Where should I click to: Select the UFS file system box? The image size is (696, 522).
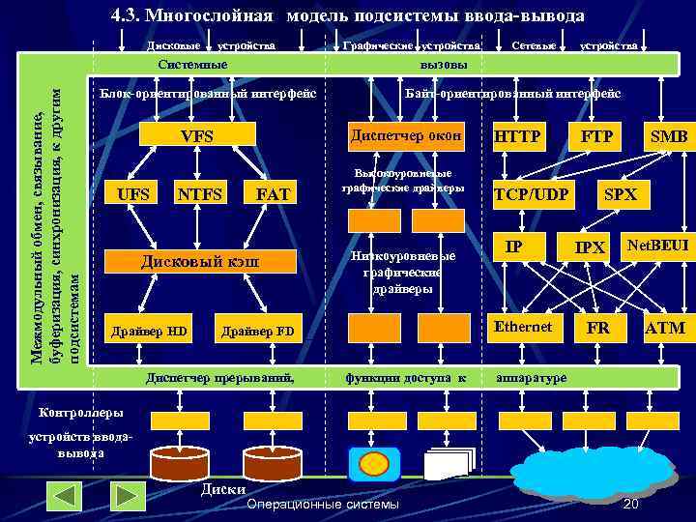pyautogui.click(x=133, y=193)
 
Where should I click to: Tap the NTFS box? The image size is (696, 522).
pyautogui.click(x=200, y=193)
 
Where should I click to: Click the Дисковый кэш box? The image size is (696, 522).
pyautogui.click(x=200, y=262)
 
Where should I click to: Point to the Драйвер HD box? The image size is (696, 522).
pyautogui.click(x=150, y=332)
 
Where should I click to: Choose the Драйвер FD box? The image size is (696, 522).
pyautogui.click(x=257, y=332)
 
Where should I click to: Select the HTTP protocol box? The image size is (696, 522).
pyautogui.click(x=518, y=136)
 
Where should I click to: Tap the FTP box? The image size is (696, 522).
pyautogui.click(x=596, y=136)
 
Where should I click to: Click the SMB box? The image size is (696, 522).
pyautogui.click(x=667, y=136)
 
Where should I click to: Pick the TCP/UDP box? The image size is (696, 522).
pyautogui.click(x=531, y=193)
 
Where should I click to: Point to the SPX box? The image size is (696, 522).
pyautogui.click(x=621, y=193)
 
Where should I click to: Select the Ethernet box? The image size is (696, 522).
pyautogui.click(x=523, y=327)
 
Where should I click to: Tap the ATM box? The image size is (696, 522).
pyautogui.click(x=665, y=328)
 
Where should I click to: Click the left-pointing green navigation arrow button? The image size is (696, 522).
pyautogui.click(x=67, y=496)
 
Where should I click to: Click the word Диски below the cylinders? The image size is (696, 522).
pyautogui.click(x=222, y=489)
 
